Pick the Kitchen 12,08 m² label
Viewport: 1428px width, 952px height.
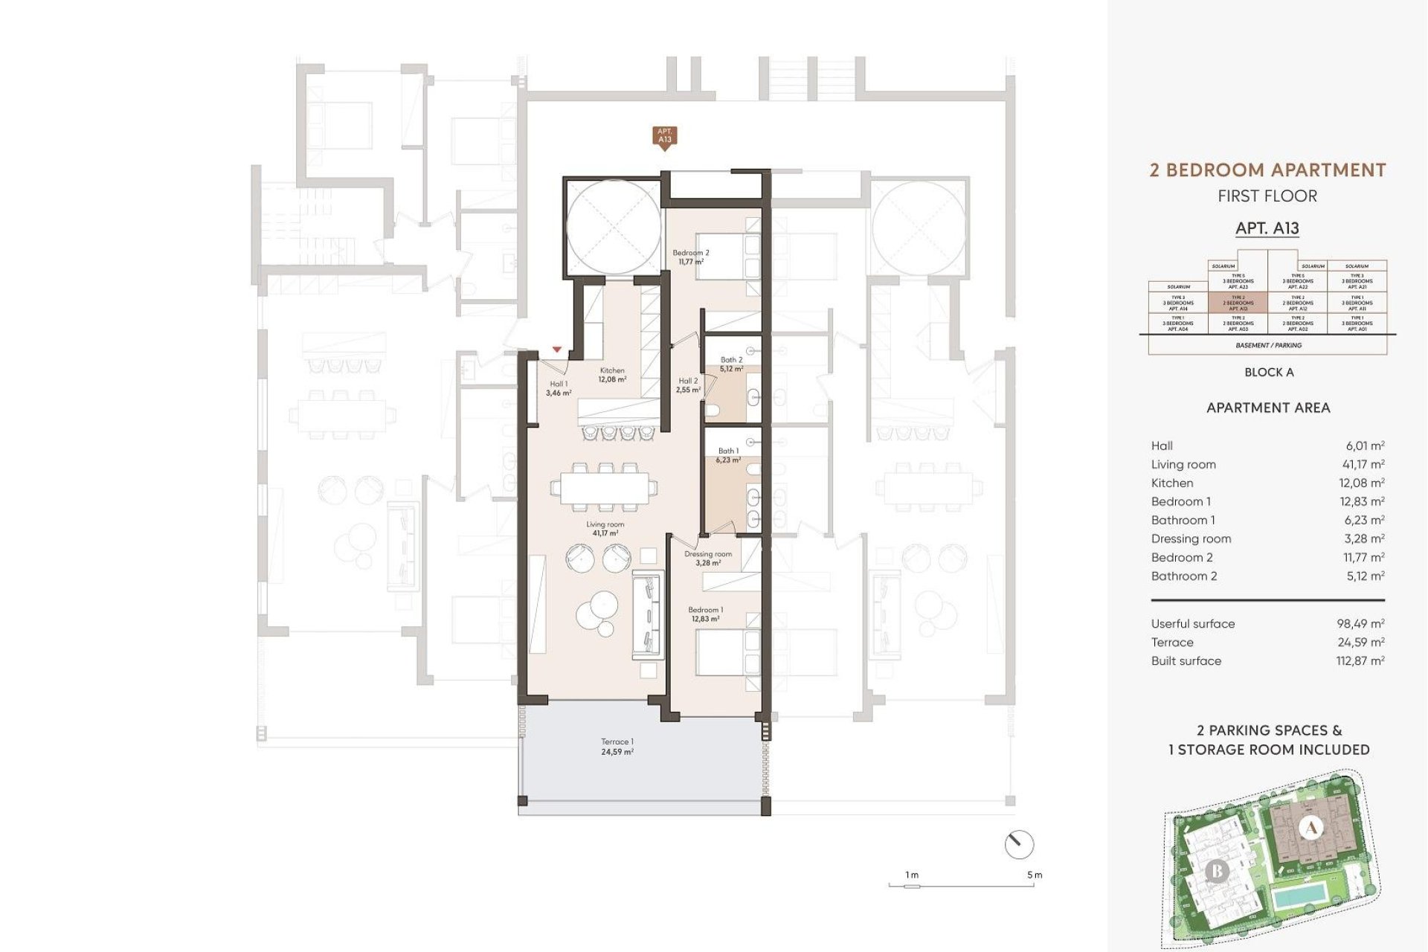pyautogui.click(x=612, y=375)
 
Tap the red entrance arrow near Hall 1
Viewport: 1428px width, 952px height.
pyautogui.click(x=557, y=350)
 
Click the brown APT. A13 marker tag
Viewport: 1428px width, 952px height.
pyautogui.click(x=664, y=136)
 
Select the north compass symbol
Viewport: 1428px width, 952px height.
pyautogui.click(x=1019, y=844)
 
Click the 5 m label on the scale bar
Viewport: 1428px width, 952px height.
pyautogui.click(x=1035, y=875)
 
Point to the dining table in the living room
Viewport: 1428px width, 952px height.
pyautogui.click(x=604, y=489)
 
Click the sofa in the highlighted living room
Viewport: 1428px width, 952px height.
pyautogui.click(x=648, y=614)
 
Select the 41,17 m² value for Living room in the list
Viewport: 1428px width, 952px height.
pyautogui.click(x=1363, y=464)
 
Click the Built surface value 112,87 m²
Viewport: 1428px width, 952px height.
pyautogui.click(x=1360, y=660)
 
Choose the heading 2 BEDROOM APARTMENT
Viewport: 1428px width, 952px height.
pyautogui.click(x=1267, y=170)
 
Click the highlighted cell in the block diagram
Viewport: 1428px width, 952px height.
pyautogui.click(x=1238, y=303)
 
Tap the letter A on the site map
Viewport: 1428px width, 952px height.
pyautogui.click(x=1311, y=827)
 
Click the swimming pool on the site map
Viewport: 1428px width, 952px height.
pyautogui.click(x=1299, y=895)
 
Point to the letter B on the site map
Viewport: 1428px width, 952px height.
pyautogui.click(x=1217, y=870)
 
